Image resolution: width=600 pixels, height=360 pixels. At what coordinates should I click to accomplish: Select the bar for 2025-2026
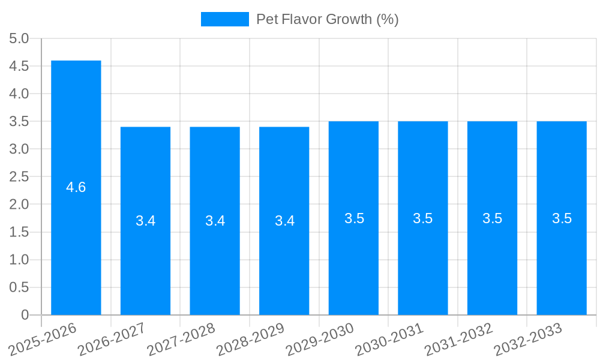coord(76,240)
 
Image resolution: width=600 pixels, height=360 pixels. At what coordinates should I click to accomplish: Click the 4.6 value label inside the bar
coord(76,187)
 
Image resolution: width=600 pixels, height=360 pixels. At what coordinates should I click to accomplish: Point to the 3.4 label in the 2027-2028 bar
coord(215,221)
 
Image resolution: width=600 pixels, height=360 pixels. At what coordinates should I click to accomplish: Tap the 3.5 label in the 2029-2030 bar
coord(354,218)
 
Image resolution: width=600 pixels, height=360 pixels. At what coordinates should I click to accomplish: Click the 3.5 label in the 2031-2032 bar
coord(493,218)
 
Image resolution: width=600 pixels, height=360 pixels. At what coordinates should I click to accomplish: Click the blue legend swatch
coord(224,19)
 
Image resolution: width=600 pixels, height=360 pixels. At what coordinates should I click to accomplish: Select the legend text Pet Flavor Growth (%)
coord(327,19)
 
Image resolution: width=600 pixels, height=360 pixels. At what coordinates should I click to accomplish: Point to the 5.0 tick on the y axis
coord(19,38)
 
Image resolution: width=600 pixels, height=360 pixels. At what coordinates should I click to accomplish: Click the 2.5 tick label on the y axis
coord(19,176)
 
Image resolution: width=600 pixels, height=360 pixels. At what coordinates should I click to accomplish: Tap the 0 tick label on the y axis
coord(25,315)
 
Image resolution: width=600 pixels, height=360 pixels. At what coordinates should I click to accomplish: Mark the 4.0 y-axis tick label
coord(19,94)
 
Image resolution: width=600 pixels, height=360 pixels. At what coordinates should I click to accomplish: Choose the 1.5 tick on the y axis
coord(19,232)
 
